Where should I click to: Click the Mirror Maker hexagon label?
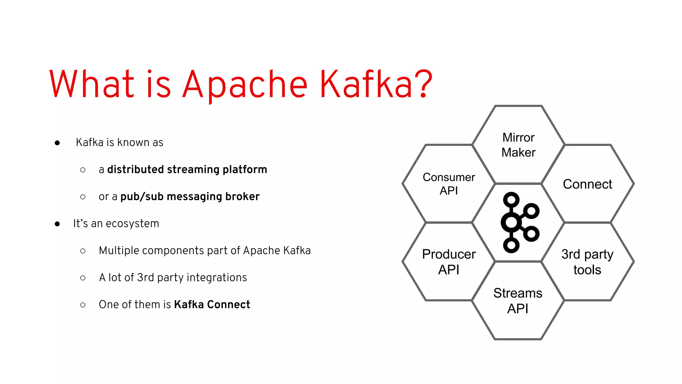[x=518, y=145]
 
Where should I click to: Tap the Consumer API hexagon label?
[x=449, y=184]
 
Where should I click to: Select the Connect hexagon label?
[x=587, y=184]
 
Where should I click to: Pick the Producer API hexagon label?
[x=449, y=262]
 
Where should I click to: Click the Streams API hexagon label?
[x=518, y=301]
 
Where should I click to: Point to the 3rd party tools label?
[x=587, y=262]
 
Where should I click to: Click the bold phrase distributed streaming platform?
[x=187, y=170]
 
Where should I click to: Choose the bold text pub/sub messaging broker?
[x=190, y=197]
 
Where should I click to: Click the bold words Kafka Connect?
[x=212, y=305]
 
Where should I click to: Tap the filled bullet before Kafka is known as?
[x=57, y=143]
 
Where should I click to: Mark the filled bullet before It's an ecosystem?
[x=57, y=224]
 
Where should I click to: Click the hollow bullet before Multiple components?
[x=83, y=251]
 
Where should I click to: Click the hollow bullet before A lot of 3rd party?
[x=83, y=278]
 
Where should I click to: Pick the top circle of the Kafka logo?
[x=511, y=200]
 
